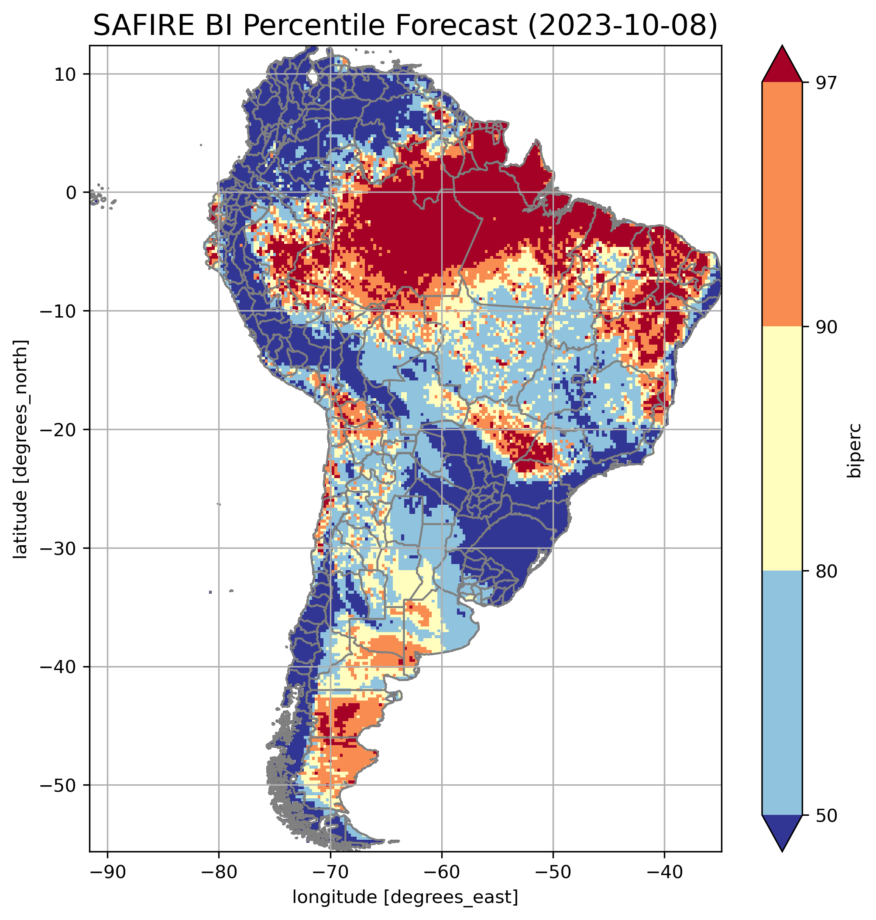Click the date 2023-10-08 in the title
[622, 25]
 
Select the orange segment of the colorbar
[782, 205]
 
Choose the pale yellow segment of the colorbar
[782, 448]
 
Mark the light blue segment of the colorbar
[782, 693]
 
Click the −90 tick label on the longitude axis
[107, 872]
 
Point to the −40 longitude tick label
[664, 872]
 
